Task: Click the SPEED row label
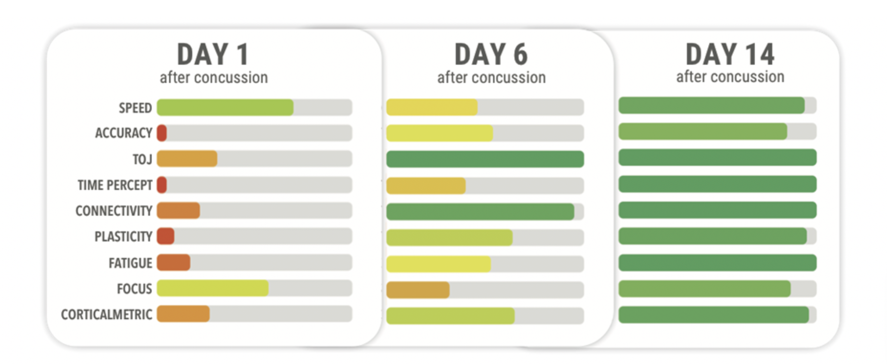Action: coord(135,108)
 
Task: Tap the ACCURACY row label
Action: coord(123,133)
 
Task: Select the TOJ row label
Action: coord(142,159)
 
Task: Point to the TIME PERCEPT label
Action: coord(115,185)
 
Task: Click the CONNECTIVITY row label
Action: coord(114,211)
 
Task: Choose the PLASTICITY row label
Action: coord(123,237)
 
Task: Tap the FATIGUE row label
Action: coord(130,263)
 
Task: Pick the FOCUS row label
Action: coord(134,289)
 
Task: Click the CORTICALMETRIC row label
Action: coord(107,315)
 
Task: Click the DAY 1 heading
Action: coord(213,54)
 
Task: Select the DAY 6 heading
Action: coord(491,54)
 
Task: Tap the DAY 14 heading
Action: coord(730,54)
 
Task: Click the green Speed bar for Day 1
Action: coord(225,107)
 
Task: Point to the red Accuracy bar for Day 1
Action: coord(162,133)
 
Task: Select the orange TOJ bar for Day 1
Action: coord(187,159)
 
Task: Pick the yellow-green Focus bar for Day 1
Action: coord(213,288)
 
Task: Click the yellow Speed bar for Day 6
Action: coord(432,107)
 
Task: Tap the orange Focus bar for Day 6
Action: coord(418,290)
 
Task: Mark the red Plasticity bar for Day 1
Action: coord(166,236)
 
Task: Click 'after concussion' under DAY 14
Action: coord(730,77)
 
